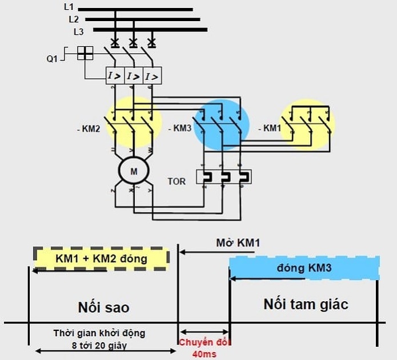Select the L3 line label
pos(79,31)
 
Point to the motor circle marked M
pos(133,171)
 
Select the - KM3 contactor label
pos(181,130)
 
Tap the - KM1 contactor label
pos(270,128)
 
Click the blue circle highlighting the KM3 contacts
pos(221,123)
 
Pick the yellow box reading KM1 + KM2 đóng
pos(101,258)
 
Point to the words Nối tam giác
pos(306,304)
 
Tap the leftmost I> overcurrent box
pos(115,75)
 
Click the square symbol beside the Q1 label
pos(85,53)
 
